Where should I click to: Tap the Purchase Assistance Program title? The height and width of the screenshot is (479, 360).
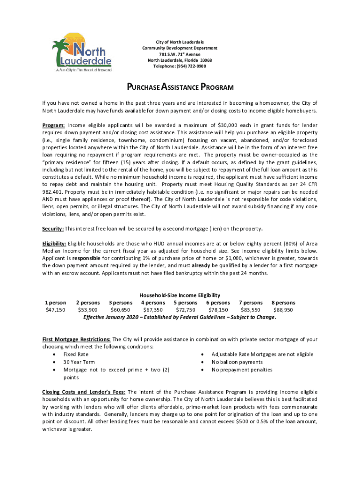[180, 87]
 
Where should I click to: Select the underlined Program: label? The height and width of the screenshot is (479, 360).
[53, 125]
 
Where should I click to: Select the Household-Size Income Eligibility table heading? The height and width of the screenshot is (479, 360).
[180, 296]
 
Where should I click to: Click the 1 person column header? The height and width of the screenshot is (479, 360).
[55, 303]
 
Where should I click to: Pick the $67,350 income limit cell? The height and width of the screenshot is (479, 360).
[153, 310]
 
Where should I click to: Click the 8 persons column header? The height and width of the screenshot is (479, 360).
[283, 303]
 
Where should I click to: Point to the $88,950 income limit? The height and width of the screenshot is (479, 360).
[283, 310]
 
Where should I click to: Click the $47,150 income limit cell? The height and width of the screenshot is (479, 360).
[55, 310]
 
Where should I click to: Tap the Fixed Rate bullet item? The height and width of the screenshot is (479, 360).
[76, 355]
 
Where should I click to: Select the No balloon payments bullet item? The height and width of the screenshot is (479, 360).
[237, 362]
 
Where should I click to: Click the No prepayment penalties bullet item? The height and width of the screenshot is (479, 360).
[242, 370]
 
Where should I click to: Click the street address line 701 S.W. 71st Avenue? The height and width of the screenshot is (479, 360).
[180, 54]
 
